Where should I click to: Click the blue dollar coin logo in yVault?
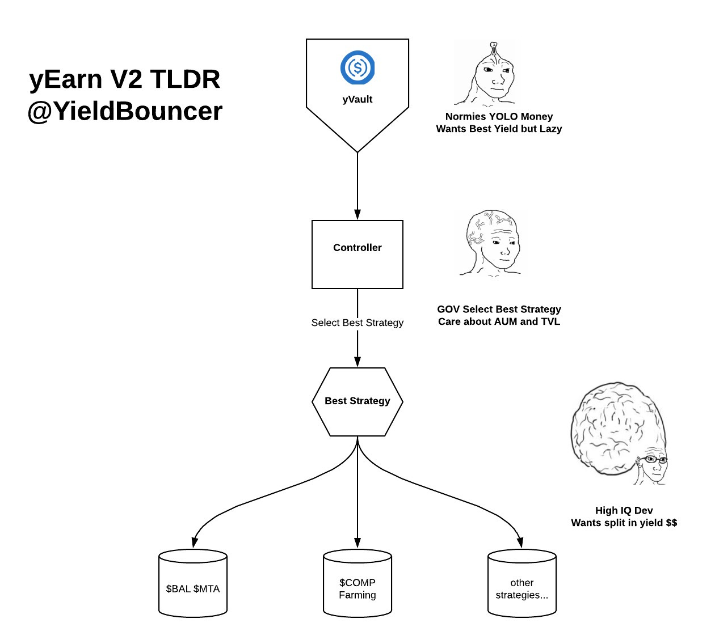[x=357, y=67]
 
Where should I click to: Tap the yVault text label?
[x=357, y=99]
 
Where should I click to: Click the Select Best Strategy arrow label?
[x=357, y=323]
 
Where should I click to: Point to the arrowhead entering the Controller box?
[x=357, y=215]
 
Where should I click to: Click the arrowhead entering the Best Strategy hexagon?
[x=357, y=362]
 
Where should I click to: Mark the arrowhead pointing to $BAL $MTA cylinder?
[x=195, y=542]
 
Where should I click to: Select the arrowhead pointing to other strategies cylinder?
[x=520, y=542]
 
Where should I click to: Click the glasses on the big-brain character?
[x=654, y=459]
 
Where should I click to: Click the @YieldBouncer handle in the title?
[x=125, y=111]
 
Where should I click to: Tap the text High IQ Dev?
[x=624, y=510]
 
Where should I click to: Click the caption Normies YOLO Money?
[x=499, y=116]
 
